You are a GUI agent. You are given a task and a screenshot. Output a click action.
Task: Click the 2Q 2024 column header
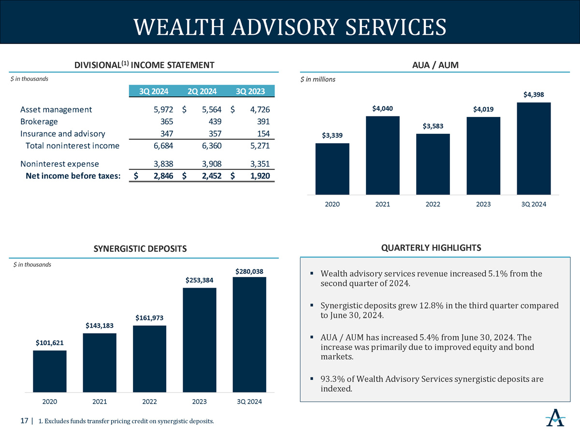point(202,91)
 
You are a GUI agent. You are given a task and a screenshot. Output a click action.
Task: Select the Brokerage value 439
point(215,121)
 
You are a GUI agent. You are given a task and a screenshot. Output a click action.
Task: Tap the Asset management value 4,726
point(260,109)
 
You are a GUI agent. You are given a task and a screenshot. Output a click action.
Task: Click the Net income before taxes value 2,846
point(163,176)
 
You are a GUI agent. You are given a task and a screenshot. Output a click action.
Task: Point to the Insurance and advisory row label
point(63,134)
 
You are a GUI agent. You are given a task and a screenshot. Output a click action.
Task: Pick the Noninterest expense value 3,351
point(260,164)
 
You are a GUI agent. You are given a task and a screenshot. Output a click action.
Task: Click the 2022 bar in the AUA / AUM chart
point(433,164)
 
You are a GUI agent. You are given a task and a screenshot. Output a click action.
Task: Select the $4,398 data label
point(534,95)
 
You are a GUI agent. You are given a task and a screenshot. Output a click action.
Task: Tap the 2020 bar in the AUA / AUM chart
point(332,169)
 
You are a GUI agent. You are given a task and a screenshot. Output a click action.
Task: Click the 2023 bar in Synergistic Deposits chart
point(200,340)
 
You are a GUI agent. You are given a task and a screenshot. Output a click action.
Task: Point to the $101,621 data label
point(50,343)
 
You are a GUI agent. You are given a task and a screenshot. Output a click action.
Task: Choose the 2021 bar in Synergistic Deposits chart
point(100,363)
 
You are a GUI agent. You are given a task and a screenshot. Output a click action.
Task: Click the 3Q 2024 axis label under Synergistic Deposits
point(249,402)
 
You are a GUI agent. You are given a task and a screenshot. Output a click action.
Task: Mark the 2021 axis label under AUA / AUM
point(383,204)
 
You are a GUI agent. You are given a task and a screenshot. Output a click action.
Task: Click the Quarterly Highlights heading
point(431,248)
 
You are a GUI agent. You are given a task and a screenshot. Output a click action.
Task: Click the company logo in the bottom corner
point(555,418)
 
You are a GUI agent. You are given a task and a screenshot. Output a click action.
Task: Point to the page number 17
point(24,420)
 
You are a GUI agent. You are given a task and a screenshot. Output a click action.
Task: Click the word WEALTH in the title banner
point(179,27)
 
